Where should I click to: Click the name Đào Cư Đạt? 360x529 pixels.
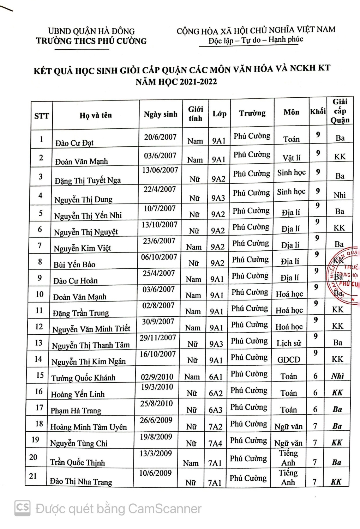pos(74,143)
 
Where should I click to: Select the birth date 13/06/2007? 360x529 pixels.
pos(160,170)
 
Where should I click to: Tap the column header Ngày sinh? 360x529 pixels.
pos(161,114)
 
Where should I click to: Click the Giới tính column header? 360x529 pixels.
pos(195,114)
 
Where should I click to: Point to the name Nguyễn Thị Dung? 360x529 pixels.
pos(83,200)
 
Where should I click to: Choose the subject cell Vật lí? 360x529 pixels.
pos(292,158)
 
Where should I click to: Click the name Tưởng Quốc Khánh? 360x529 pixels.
pos(83,378)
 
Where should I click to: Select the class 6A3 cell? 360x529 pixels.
pos(215,410)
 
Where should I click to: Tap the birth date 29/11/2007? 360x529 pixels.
pos(158,338)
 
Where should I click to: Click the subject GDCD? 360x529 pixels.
pos(289,360)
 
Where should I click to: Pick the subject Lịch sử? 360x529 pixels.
pos(289,343)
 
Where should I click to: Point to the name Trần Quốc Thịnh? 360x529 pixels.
pos(77,462)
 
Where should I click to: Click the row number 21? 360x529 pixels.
pos(33,476)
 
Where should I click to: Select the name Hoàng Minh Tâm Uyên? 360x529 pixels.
pos(88,427)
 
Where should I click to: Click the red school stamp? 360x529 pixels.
pos(345,275)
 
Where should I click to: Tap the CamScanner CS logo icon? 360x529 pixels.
pos(22,508)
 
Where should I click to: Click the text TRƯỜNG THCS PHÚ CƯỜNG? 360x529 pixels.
pos(91,41)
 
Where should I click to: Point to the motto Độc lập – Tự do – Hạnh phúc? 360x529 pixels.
pos(256,40)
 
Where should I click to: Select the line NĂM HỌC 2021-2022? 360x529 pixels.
pos(176,82)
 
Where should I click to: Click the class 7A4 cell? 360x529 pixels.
pos(215,443)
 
